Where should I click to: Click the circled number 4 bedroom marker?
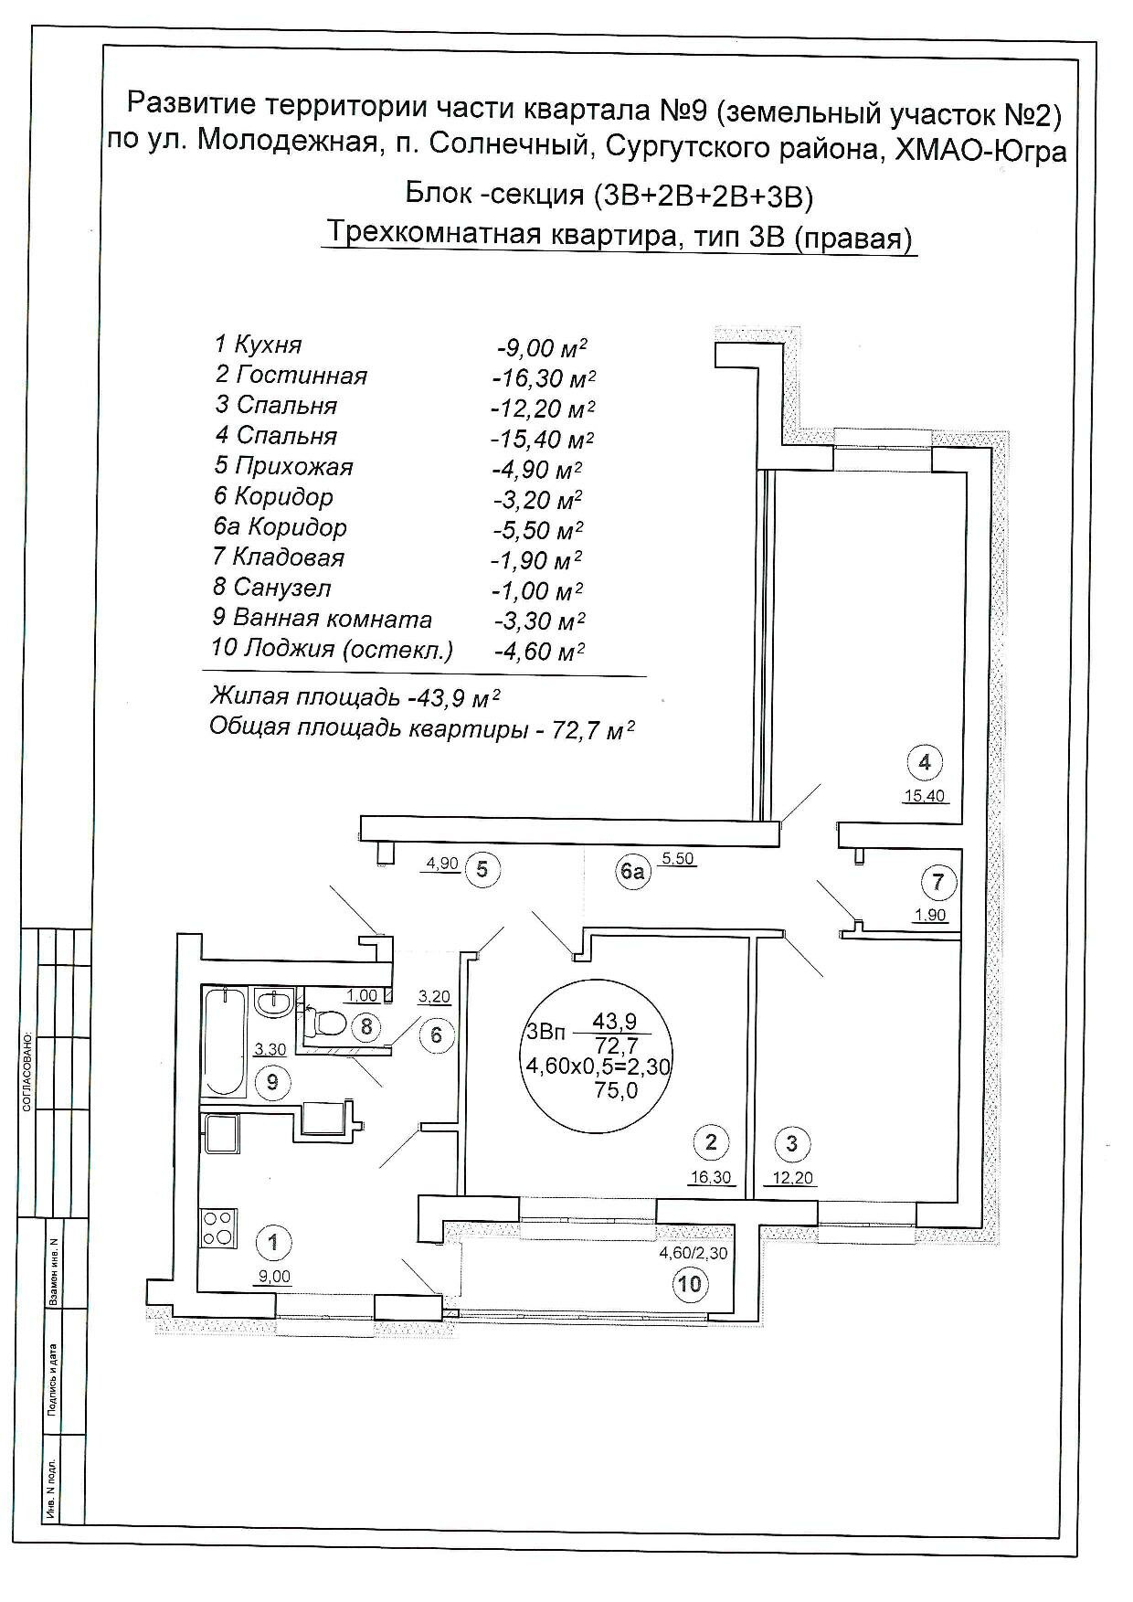(x=925, y=761)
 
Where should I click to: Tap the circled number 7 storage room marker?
(x=938, y=883)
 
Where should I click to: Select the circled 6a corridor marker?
(x=632, y=872)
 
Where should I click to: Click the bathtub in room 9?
(x=225, y=1041)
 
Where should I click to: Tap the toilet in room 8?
(x=329, y=1023)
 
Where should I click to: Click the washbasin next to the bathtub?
(x=272, y=1003)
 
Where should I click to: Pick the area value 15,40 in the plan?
(x=924, y=795)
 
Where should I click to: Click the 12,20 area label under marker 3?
(x=793, y=1178)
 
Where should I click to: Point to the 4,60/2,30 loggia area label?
(x=694, y=1253)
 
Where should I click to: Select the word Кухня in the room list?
(x=268, y=345)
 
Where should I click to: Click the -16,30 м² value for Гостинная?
(x=544, y=377)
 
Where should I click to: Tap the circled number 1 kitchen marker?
(x=274, y=1242)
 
